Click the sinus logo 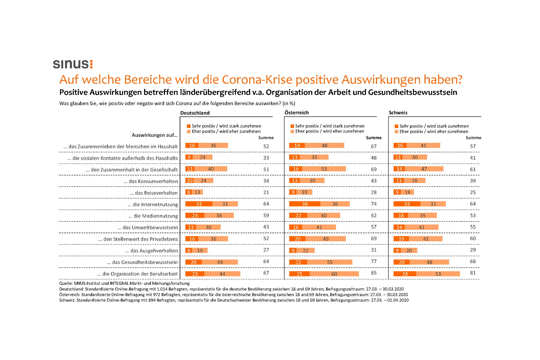coord(73,64)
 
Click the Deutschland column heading coord(195,113)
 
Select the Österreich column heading coord(296,112)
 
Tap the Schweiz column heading coord(398,112)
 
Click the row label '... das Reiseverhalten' coord(154,193)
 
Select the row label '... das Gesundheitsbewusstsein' coord(142,262)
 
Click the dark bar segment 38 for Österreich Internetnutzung coord(304,204)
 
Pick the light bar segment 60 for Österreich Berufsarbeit coord(334,274)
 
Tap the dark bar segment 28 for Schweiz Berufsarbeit coord(405,274)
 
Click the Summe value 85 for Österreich coord(373,273)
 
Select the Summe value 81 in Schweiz coord(473,273)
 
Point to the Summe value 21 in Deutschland coord(266,192)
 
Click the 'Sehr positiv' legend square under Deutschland coord(189,126)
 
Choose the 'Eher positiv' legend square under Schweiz coord(396,132)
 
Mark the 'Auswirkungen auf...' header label coord(154,135)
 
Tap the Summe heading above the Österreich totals coord(373,138)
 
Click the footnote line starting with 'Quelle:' coord(124,283)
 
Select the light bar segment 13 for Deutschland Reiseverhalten coord(197,192)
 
